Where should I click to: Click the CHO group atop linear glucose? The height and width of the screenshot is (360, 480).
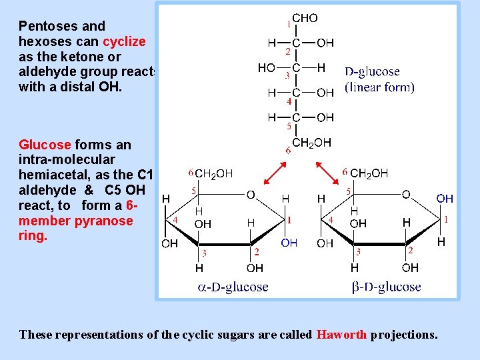coord(305,19)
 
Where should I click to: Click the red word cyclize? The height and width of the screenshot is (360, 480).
coord(124,41)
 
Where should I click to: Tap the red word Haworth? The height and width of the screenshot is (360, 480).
coord(341,334)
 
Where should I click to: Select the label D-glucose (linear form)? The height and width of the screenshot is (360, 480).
coord(379,79)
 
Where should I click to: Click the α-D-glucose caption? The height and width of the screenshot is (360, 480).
coord(233,287)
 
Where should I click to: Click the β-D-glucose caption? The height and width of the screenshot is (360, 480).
coord(386,287)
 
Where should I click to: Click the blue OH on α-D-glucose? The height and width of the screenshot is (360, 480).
coord(289,243)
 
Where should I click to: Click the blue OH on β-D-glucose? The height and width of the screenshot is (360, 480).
coord(445,199)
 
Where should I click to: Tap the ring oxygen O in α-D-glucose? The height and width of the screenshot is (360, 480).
coord(251,195)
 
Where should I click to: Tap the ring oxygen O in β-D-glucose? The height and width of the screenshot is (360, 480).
coord(406,195)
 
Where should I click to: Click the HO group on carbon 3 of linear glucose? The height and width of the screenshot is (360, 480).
coord(267,68)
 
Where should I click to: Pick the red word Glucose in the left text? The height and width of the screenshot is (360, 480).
coord(44,145)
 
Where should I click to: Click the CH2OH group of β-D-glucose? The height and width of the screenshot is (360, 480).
coord(369,173)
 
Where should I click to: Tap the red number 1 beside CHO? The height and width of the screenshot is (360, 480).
coord(289,25)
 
